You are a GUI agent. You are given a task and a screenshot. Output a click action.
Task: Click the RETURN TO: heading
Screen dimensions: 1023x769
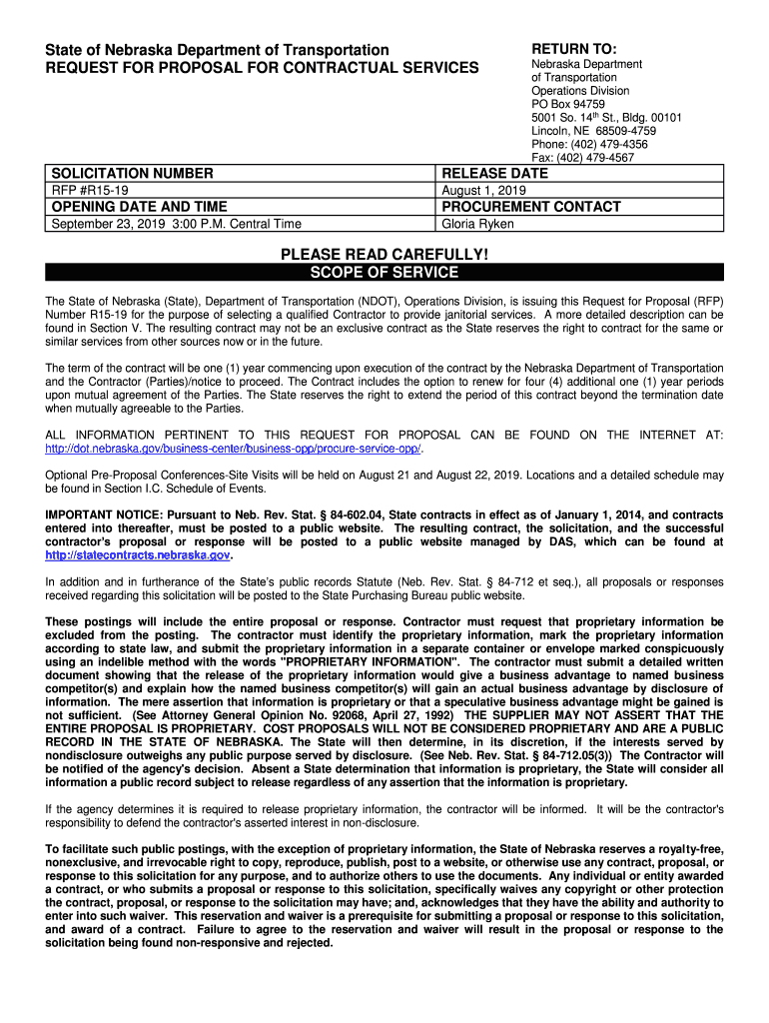tap(573, 50)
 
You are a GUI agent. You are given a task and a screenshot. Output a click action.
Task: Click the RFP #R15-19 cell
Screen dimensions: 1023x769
tap(90, 191)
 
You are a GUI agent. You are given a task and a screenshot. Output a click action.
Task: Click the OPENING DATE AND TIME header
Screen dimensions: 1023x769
tap(140, 207)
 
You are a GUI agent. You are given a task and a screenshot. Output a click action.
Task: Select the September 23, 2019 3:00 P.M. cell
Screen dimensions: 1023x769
tap(176, 224)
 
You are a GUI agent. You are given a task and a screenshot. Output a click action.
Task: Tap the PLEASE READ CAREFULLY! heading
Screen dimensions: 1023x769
tap(384, 256)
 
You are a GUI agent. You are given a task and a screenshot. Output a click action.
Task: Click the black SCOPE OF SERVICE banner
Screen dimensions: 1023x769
tap(384, 273)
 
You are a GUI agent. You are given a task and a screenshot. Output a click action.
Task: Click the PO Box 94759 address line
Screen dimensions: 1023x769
tap(567, 104)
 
